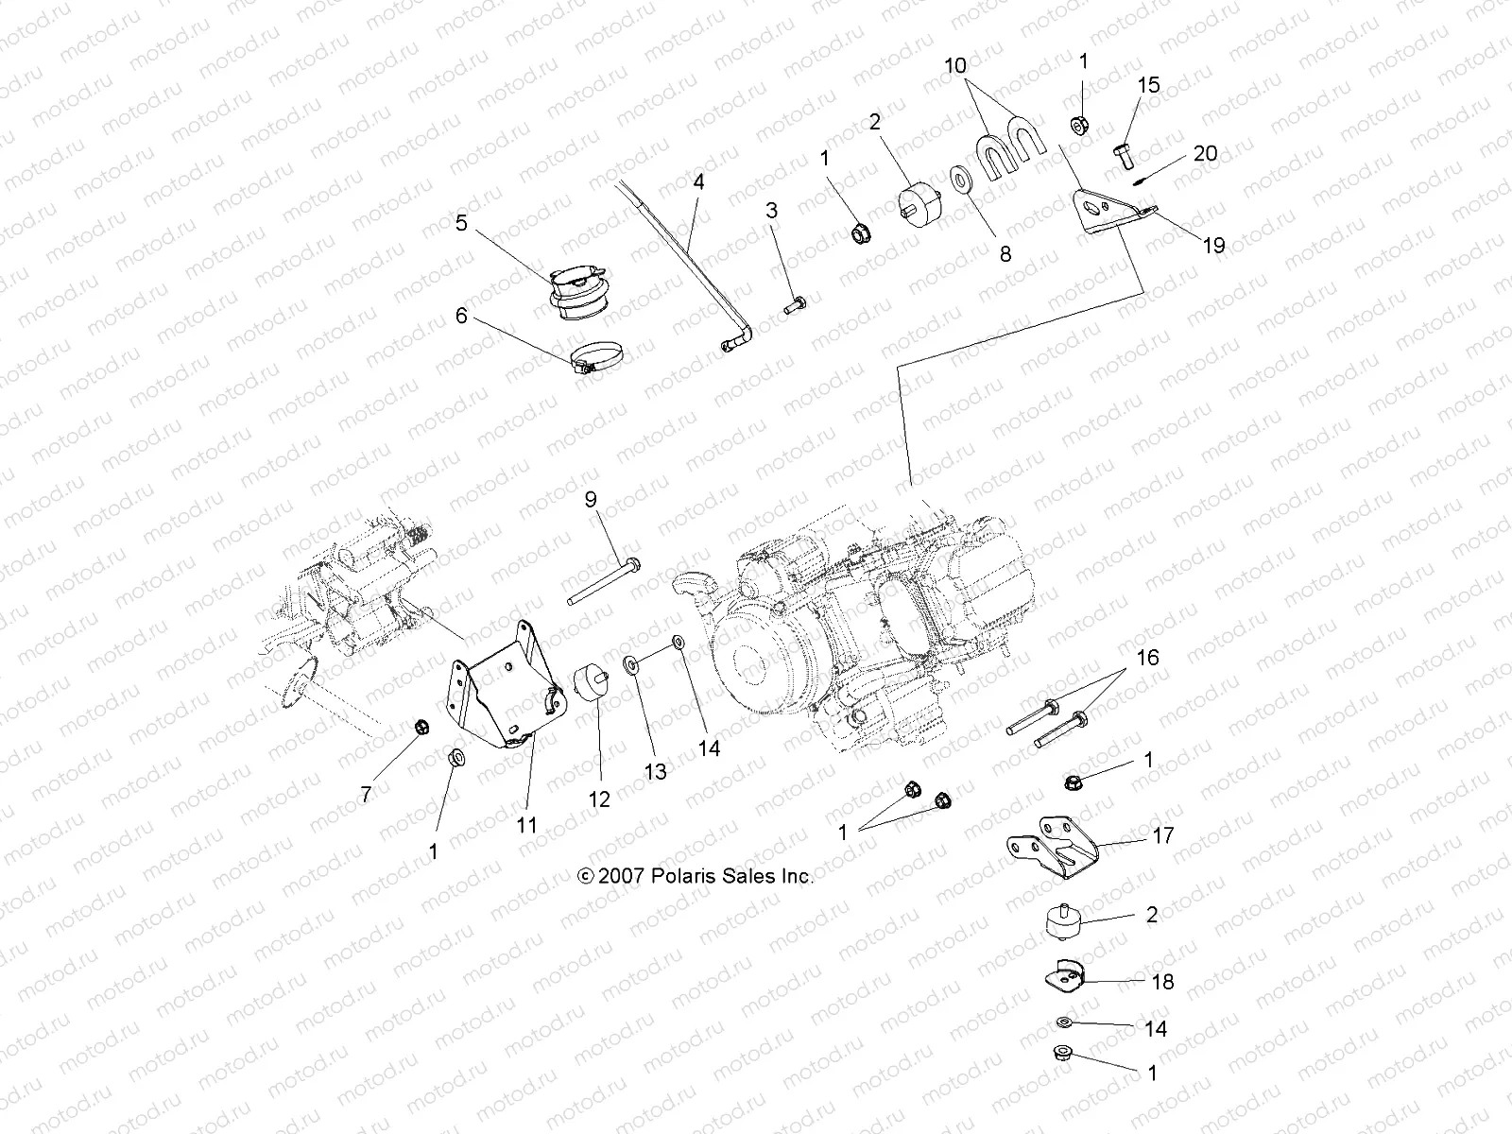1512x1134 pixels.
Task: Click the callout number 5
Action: tap(461, 223)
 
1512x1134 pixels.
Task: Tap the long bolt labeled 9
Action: tap(605, 582)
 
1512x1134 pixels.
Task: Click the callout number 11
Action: tap(526, 824)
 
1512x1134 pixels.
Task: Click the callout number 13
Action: tap(655, 771)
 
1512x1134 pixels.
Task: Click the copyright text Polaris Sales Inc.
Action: tap(696, 876)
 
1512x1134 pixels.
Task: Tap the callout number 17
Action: tap(1163, 835)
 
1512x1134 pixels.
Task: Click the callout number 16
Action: tap(1147, 658)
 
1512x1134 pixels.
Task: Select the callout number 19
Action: tap(1214, 245)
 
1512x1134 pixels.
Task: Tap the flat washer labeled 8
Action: tap(964, 180)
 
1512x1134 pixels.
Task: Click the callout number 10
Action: tap(955, 66)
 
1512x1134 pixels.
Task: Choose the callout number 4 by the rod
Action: tap(698, 182)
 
